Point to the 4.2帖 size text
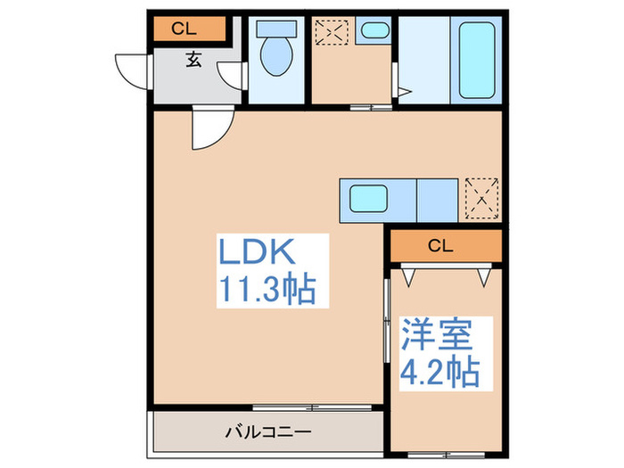click(440, 370)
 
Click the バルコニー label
click(267, 433)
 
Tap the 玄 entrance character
click(193, 60)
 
